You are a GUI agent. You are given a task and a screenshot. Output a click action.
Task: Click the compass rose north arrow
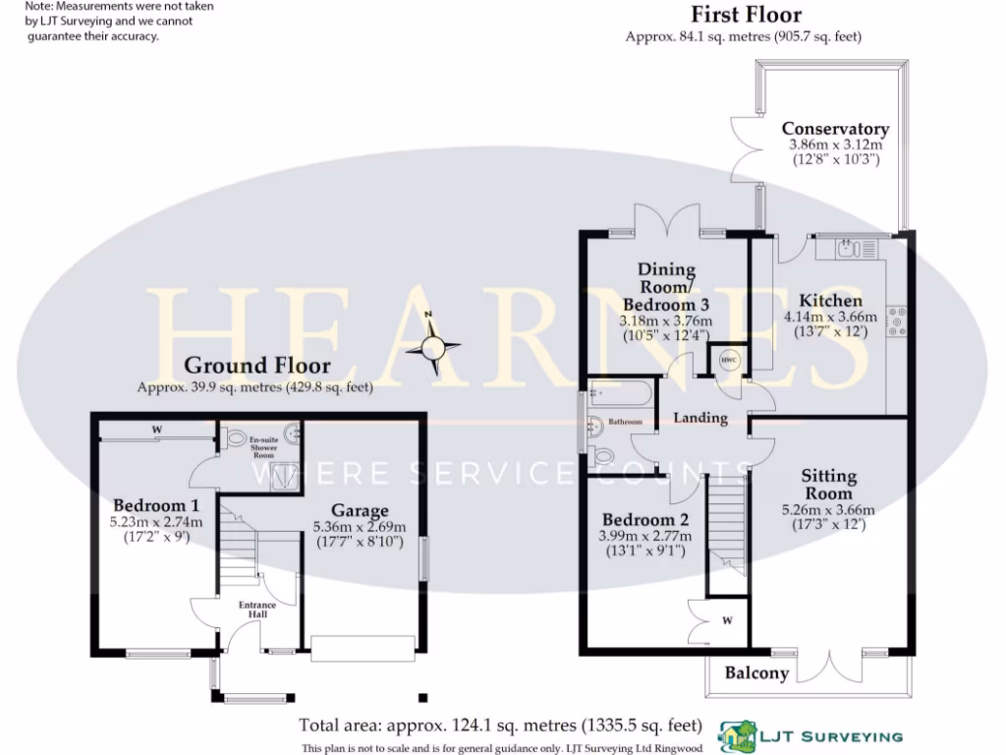click(433, 345)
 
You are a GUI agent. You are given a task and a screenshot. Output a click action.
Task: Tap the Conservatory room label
click(835, 129)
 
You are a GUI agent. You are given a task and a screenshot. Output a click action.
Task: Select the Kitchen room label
click(830, 301)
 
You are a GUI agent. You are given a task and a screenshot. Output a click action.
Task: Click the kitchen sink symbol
click(850, 250)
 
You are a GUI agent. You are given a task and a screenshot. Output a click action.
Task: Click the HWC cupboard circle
click(729, 359)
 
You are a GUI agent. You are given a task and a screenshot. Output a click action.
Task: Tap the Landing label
click(700, 418)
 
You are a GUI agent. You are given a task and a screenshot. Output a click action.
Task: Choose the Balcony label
click(756, 673)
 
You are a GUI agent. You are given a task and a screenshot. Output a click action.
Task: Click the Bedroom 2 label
click(645, 519)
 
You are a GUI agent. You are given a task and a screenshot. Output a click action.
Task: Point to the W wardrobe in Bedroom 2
click(727, 620)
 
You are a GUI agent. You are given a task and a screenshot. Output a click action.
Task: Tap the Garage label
click(359, 510)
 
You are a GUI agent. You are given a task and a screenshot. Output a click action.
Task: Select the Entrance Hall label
click(257, 610)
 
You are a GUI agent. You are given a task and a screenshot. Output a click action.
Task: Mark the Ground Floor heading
click(257, 367)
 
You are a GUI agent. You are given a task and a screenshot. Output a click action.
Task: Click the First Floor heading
click(745, 15)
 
